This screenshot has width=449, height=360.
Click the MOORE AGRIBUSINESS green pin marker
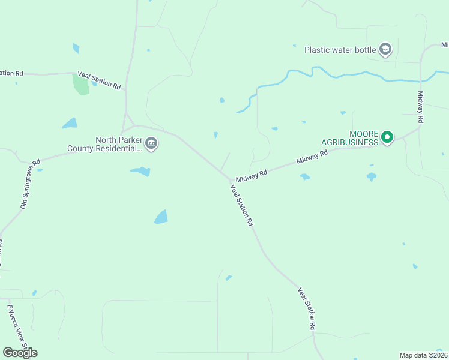pyautogui.click(x=387, y=137)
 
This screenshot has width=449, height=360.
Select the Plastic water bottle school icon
pyautogui.click(x=385, y=49)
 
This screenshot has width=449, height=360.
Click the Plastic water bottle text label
pyautogui.click(x=340, y=50)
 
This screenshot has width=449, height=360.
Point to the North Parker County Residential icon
pyautogui.click(x=151, y=143)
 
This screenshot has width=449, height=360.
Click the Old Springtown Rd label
pyautogui.click(x=30, y=184)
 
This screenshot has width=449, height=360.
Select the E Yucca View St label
pyautogui.click(x=17, y=327)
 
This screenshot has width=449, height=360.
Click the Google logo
pyautogui.click(x=20, y=352)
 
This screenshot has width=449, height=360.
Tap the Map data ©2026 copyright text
pyautogui.click(x=423, y=355)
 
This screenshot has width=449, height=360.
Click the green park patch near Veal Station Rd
pyautogui.click(x=80, y=83)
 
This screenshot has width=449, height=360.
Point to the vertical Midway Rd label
pyautogui.click(x=421, y=107)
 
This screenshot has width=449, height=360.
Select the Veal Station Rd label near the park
pyautogui.click(x=99, y=79)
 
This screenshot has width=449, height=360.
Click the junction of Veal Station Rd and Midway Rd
pyautogui.click(x=230, y=179)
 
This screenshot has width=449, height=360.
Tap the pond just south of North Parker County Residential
pyautogui.click(x=141, y=172)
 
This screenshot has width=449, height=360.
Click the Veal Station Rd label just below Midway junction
pyautogui.click(x=242, y=205)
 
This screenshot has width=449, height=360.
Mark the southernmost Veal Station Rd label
pyautogui.click(x=307, y=309)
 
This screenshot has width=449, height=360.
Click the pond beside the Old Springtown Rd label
pyautogui.click(x=40, y=170)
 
